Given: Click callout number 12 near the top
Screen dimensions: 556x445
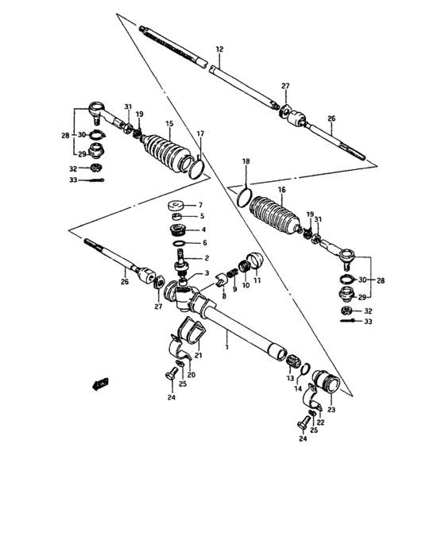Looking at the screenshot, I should coord(219,49).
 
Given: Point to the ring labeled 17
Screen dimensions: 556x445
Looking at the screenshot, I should coord(195,166).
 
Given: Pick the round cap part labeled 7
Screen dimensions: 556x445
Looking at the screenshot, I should coord(180,207).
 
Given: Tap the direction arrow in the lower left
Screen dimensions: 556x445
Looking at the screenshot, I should coord(99,384).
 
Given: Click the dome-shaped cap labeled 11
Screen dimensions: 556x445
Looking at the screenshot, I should coord(255,261).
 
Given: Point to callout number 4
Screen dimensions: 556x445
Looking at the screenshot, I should coord(203,230).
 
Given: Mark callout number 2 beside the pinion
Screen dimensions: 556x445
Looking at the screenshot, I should coord(207,258).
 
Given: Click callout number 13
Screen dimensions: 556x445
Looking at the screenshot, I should coord(290,379).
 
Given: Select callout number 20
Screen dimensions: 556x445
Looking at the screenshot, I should coord(191,375).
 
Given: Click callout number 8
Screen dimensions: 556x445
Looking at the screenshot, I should coord(225,295).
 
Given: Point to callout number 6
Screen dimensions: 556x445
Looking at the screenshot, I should coord(203,243).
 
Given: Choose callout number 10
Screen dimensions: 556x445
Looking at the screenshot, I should coord(246,285).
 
